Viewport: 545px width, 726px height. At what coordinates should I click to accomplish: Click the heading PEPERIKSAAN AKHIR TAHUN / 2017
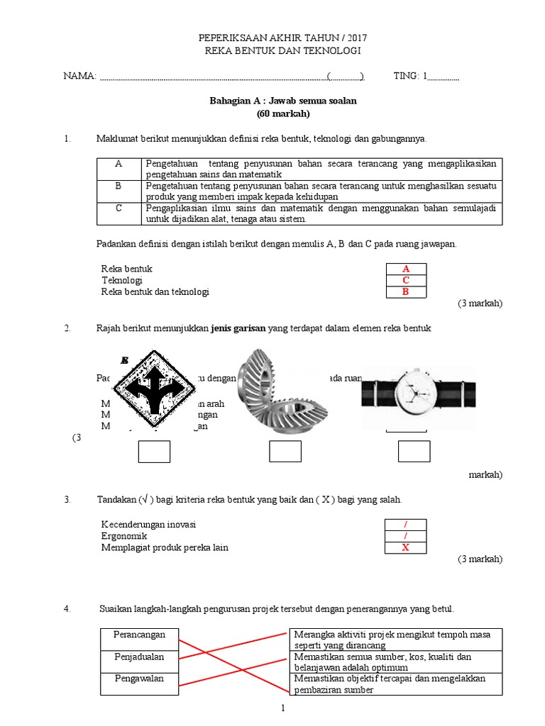coord(282,37)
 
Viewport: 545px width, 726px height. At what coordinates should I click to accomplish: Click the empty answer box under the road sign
coord(154,452)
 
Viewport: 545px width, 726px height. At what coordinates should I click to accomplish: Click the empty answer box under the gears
coord(286,452)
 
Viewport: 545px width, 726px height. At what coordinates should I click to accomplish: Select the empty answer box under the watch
coord(414,452)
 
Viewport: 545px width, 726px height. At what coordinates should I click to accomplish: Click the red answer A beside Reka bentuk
coord(406,269)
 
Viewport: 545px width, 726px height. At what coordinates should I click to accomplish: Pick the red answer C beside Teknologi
coord(406,281)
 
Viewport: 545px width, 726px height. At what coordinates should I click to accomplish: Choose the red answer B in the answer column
coord(406,292)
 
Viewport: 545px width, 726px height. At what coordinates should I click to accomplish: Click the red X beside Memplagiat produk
coord(406,548)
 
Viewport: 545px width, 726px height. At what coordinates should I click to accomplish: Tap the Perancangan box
coord(139,635)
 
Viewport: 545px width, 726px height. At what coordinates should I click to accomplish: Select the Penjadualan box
coord(139,657)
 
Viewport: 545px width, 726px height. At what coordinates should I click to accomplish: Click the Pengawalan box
coord(139,679)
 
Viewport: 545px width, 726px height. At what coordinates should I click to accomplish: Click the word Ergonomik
coord(124,536)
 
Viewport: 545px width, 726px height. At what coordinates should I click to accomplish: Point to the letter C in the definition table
coord(119,208)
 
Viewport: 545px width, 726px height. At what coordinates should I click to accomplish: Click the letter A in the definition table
coord(119,164)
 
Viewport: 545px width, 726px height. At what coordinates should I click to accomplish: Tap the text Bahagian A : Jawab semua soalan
coord(282,101)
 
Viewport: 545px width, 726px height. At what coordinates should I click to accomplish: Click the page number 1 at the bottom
coord(282,708)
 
